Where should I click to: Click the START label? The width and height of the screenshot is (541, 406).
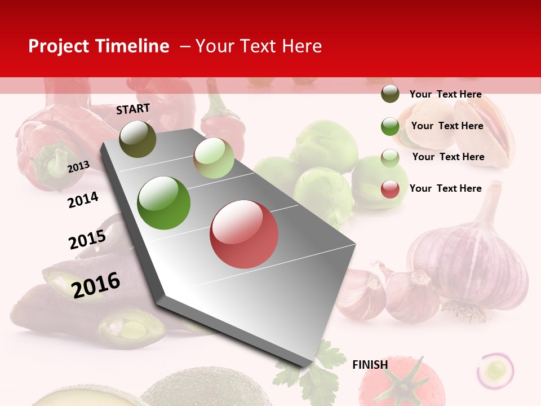pyautogui.click(x=133, y=109)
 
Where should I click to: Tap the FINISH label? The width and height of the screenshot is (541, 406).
pyautogui.click(x=370, y=365)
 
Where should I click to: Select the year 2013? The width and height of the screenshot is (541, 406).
pyautogui.click(x=78, y=166)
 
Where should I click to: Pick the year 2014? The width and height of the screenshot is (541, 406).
pyautogui.click(x=83, y=200)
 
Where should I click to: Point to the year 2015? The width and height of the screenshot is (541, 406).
pyautogui.click(x=87, y=240)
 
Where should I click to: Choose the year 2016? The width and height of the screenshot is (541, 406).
pyautogui.click(x=96, y=285)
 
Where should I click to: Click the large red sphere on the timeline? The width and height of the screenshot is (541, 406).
pyautogui.click(x=244, y=234)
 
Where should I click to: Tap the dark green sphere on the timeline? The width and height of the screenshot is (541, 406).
pyautogui.click(x=164, y=203)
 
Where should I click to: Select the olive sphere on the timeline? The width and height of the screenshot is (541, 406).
pyautogui.click(x=138, y=139)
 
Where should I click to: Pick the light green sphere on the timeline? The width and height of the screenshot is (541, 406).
pyautogui.click(x=214, y=158)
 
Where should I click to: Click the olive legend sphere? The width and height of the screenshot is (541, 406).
pyautogui.click(x=390, y=94)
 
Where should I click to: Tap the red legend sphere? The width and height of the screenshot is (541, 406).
pyautogui.click(x=390, y=189)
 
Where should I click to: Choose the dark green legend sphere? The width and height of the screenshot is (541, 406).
pyautogui.click(x=390, y=126)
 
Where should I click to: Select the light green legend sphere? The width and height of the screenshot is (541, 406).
pyautogui.click(x=390, y=157)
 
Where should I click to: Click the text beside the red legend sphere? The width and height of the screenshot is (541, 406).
pyautogui.click(x=445, y=188)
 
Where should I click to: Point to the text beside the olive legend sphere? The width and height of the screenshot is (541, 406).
pyautogui.click(x=445, y=94)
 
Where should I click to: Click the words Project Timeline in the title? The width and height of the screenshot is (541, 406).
pyautogui.click(x=99, y=46)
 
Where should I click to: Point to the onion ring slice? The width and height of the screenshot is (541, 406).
pyautogui.click(x=495, y=370)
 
